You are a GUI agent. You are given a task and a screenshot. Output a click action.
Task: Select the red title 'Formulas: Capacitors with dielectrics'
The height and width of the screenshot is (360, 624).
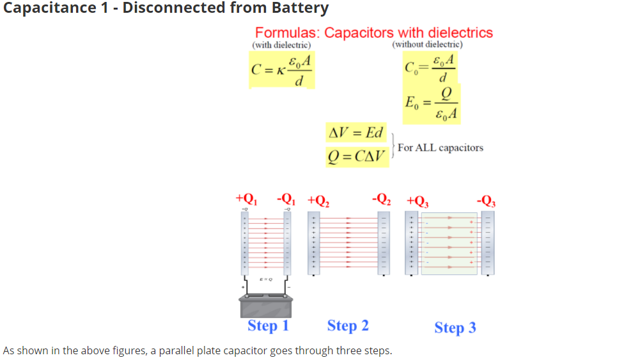tap(373, 33)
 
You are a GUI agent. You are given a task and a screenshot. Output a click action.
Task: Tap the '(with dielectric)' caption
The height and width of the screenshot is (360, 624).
tap(281, 45)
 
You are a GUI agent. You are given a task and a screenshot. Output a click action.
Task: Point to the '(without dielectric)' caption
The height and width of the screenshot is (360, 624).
tap(426, 44)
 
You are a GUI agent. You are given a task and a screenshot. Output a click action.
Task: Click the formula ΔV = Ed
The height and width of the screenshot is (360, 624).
tap(355, 134)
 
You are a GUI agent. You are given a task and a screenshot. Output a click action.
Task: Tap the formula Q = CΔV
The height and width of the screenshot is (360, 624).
tap(356, 155)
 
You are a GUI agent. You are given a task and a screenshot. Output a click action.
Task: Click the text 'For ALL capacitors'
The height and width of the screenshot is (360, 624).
tap(440, 148)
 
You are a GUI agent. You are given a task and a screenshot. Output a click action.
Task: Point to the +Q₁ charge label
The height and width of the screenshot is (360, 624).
tap(246, 198)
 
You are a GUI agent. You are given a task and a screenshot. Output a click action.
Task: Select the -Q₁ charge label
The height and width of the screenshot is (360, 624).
tap(286, 198)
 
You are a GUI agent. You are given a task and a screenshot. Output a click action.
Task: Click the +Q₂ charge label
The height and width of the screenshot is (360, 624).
tap(318, 199)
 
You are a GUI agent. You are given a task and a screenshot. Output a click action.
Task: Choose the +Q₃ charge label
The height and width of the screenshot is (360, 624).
tap(417, 199)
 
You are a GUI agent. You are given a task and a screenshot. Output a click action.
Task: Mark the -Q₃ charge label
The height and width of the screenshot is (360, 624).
tap(485, 199)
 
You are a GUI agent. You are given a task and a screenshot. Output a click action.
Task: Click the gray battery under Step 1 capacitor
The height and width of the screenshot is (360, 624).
tap(267, 305)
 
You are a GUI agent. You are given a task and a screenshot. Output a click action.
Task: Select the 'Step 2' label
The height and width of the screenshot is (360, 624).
tap(348, 325)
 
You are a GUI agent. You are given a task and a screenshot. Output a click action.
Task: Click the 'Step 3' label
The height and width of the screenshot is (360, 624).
tap(455, 327)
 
